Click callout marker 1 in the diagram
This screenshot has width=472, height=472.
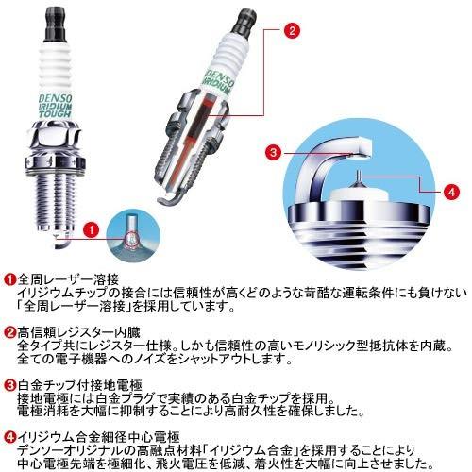tap(90, 229)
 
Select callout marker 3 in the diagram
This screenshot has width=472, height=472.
tap(272, 151)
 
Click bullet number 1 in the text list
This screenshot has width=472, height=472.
tap(8, 281)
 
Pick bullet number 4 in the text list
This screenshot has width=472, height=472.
tap(8, 437)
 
